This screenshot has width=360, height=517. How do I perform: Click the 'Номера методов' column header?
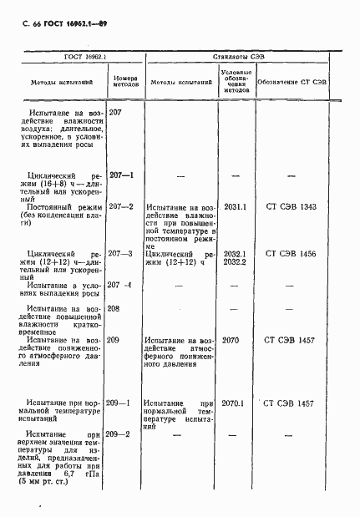click(x=124, y=82)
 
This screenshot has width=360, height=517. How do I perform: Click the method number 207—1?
click(x=122, y=175)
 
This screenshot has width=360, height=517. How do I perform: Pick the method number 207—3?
click(x=122, y=253)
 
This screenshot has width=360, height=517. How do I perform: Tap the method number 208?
click(x=115, y=308)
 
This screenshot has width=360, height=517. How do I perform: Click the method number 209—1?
click(x=122, y=403)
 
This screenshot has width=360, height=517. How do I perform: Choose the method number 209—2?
click(x=122, y=434)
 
